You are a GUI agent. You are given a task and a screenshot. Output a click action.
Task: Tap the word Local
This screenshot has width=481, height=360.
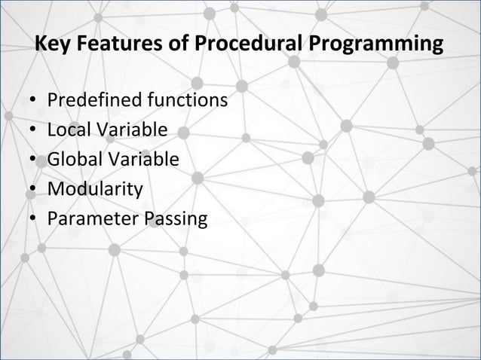tap(67, 130)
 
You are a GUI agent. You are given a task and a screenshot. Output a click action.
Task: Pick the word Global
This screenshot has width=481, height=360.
tap(72, 160)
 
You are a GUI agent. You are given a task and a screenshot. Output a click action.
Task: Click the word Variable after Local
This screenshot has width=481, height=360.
tap(130, 130)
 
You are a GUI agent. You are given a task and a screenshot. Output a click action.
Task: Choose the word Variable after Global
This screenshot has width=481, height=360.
tap(140, 160)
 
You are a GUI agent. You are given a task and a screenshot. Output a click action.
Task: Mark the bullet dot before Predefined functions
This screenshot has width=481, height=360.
tap(33, 102)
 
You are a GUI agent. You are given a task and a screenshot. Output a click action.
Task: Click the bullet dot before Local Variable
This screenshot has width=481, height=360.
tap(33, 131)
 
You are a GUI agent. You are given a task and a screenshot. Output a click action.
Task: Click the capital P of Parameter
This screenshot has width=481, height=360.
tap(52, 219)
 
